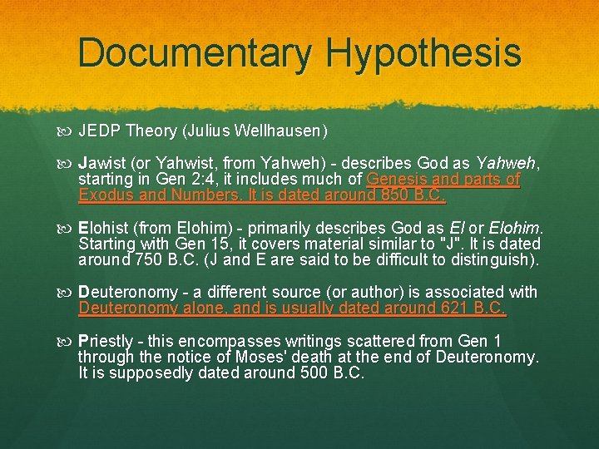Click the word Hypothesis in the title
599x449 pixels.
pyautogui.click(x=423, y=52)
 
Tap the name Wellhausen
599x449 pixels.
pyautogui.click(x=281, y=131)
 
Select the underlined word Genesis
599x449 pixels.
pyautogui.click(x=395, y=180)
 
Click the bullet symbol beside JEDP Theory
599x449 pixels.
pyautogui.click(x=68, y=131)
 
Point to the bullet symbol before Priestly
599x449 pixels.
pyautogui.click(x=68, y=341)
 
